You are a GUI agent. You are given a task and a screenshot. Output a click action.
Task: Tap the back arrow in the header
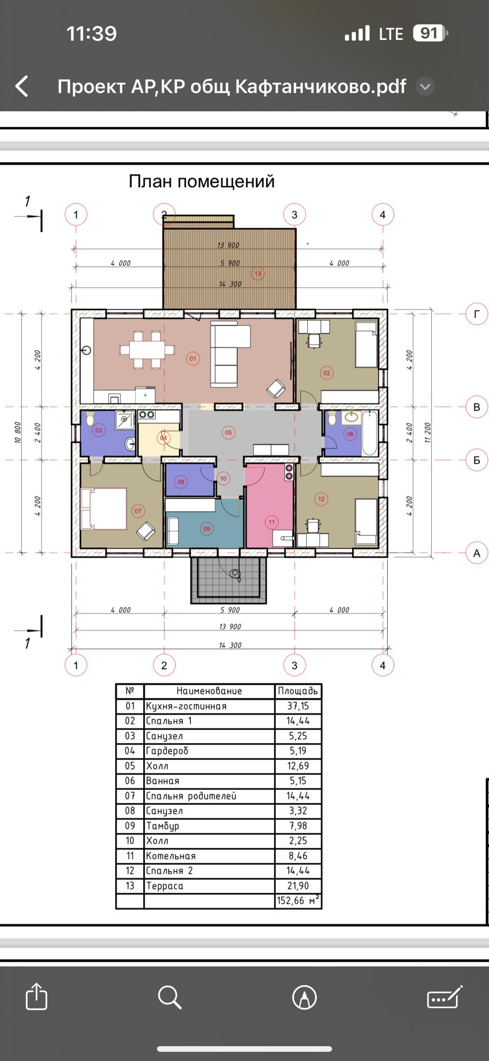(22, 87)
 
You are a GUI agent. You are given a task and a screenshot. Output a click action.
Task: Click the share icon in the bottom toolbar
(37, 996)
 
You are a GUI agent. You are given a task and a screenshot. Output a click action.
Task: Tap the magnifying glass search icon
(169, 997)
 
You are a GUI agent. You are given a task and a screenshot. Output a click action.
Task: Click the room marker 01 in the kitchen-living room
(193, 358)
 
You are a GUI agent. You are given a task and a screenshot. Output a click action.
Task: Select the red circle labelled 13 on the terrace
(258, 273)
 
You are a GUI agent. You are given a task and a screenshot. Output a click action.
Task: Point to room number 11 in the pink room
(272, 522)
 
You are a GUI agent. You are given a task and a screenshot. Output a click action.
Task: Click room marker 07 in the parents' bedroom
(138, 510)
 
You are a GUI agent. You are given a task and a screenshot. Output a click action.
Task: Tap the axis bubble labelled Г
(477, 314)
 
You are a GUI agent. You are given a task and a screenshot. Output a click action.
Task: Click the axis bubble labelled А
(477, 553)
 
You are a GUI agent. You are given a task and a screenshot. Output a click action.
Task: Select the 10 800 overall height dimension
(17, 433)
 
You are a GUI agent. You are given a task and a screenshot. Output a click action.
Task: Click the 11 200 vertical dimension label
(427, 433)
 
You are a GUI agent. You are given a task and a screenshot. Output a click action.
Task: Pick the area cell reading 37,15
(298, 706)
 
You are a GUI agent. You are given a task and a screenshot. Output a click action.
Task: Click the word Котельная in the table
(171, 856)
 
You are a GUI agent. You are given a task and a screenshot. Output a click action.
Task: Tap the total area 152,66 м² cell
(298, 901)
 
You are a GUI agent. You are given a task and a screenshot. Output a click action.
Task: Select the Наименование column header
(209, 691)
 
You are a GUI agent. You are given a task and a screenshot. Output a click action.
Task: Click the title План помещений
(202, 181)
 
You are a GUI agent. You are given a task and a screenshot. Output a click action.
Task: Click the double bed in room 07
(103, 508)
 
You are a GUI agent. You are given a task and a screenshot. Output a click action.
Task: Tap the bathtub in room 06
(370, 433)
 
